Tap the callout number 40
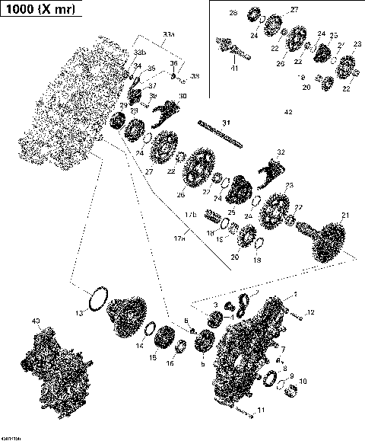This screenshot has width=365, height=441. [36, 321]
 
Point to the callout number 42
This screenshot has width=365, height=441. [287, 112]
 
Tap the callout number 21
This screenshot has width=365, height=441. [345, 216]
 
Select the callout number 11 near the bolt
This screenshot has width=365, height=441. [263, 411]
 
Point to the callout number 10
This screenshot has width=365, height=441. [303, 381]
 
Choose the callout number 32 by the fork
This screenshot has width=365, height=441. [281, 152]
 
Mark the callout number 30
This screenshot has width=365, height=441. [182, 95]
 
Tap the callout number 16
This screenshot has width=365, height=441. [170, 363]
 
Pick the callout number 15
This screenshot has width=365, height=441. [153, 357]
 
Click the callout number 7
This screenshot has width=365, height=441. [283, 349]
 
